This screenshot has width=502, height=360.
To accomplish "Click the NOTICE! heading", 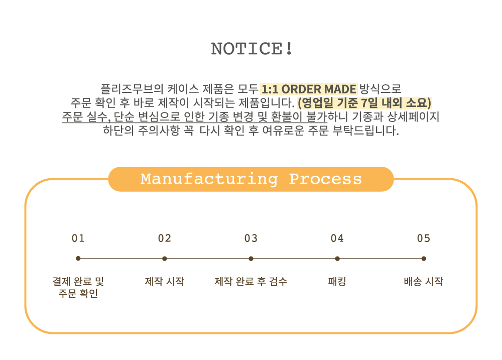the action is click(x=252, y=49).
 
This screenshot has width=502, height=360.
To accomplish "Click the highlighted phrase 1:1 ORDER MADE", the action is click(x=309, y=89).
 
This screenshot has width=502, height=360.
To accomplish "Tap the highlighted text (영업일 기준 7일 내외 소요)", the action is click(x=364, y=103).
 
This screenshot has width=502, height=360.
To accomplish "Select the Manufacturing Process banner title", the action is click(x=251, y=179).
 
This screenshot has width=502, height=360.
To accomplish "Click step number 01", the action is click(x=78, y=238).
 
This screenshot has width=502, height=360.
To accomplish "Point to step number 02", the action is click(x=165, y=238).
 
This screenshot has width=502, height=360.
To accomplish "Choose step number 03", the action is click(x=251, y=238).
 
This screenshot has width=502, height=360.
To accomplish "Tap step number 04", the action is click(x=337, y=238).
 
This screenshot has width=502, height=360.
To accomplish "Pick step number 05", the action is click(x=424, y=238).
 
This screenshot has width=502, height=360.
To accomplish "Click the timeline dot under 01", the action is click(x=78, y=259).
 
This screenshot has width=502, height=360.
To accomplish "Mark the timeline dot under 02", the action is click(x=165, y=259).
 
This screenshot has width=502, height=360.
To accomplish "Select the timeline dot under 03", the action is click(x=251, y=259).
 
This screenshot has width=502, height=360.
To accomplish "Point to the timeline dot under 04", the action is click(x=337, y=259).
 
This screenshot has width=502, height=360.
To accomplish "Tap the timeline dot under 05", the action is click(x=424, y=259).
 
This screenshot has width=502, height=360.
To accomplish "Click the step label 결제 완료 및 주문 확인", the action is click(x=78, y=287).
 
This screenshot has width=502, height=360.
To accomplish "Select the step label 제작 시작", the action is click(x=165, y=282).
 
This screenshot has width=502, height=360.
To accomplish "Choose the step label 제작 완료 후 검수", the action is click(x=251, y=282).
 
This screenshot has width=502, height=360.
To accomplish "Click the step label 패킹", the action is click(x=337, y=282).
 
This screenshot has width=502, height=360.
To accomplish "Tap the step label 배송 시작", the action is click(x=424, y=282).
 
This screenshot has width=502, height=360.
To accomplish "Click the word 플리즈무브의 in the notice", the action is click(x=132, y=89).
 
